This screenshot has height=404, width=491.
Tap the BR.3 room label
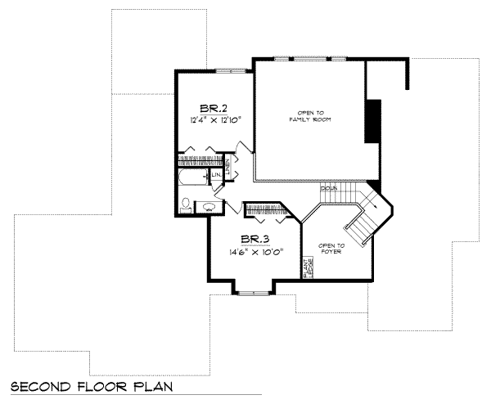point(255,238)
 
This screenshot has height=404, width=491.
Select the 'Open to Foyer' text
point(331,249)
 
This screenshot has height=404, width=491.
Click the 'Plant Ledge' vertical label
point(308,269)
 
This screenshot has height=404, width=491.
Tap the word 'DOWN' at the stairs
point(329,189)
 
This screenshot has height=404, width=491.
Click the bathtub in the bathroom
point(191,178)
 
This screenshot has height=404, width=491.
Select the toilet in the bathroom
point(186,204)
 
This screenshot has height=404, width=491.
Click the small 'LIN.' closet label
point(217,175)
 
